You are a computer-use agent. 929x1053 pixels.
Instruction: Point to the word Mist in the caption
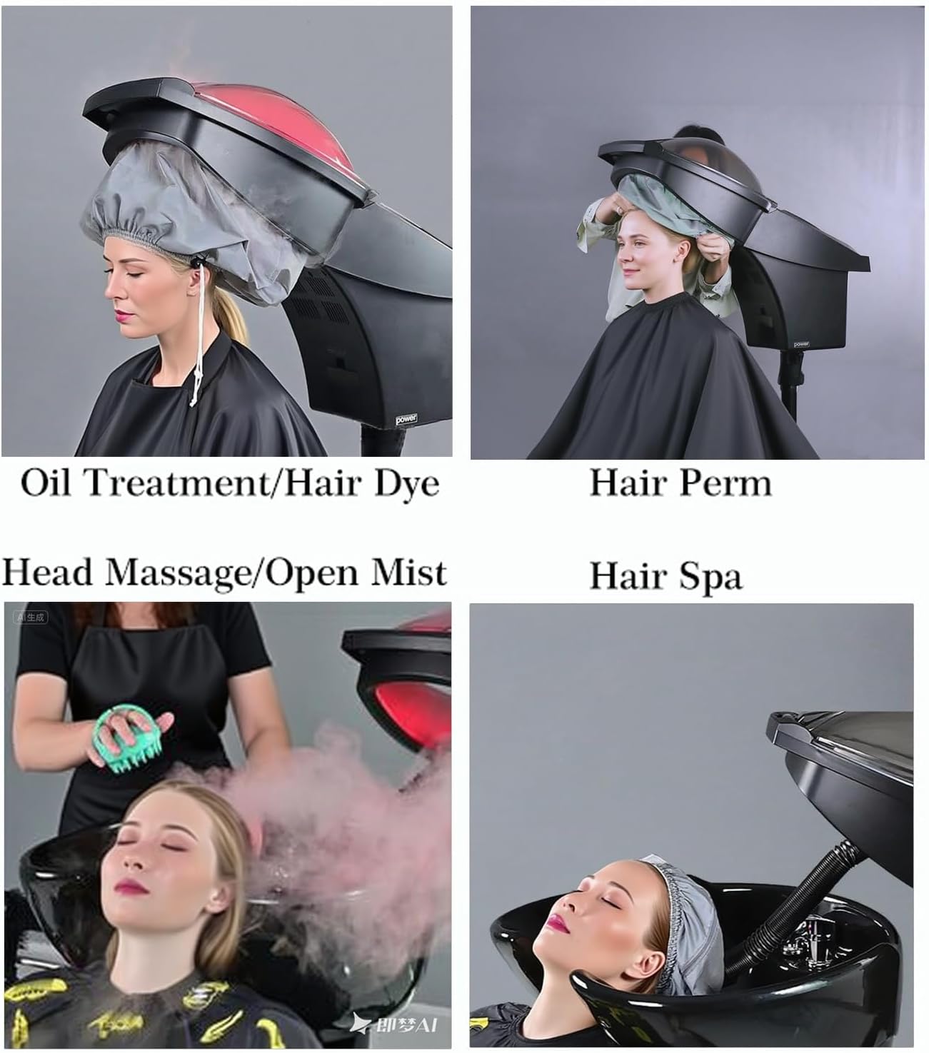point(408,572)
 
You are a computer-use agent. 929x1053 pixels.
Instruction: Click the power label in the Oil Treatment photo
point(406,419)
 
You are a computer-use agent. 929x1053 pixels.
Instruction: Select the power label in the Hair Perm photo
point(801,344)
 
